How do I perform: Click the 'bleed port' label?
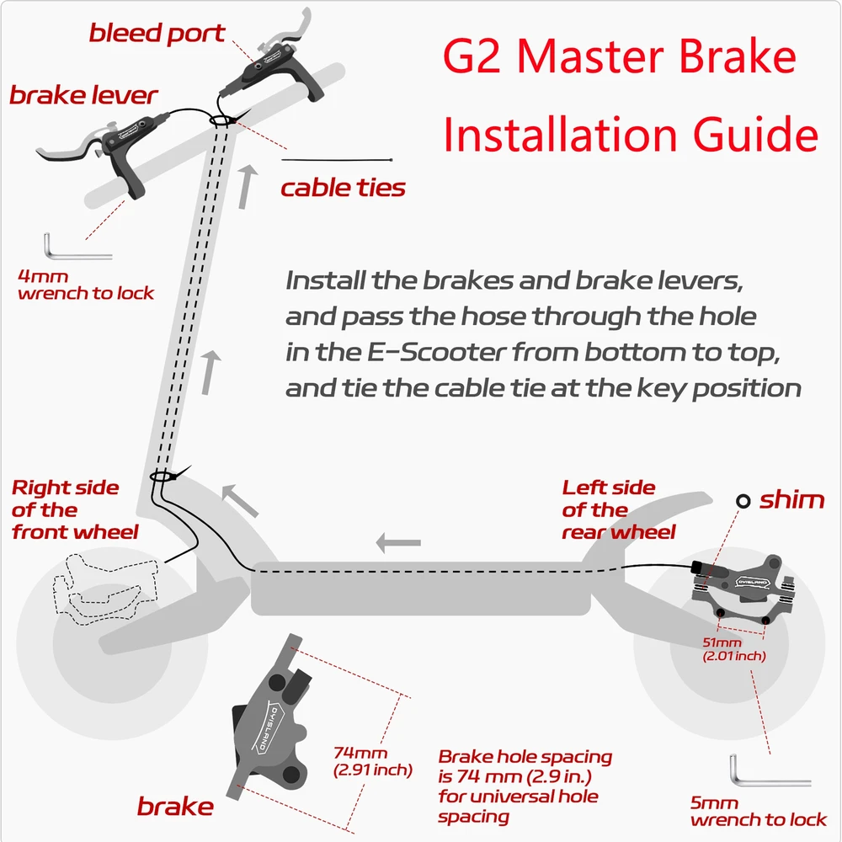(157, 34)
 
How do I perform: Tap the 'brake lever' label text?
(83, 96)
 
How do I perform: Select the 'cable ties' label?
(344, 188)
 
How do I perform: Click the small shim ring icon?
(743, 501)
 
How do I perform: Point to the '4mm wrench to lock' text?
(86, 285)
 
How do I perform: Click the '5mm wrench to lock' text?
(759, 811)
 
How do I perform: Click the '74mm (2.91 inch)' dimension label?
(373, 761)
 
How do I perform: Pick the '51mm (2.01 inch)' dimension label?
(734, 649)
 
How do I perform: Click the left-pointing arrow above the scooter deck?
(398, 543)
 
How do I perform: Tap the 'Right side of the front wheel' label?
(75, 509)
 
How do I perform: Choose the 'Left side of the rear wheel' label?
(619, 509)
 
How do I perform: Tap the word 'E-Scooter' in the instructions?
(436, 353)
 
